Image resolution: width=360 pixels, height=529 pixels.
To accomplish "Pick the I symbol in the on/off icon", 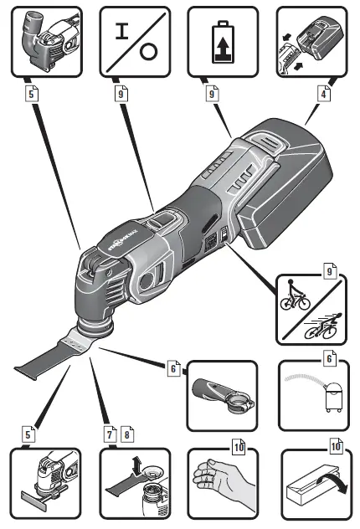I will pos(122,31).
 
